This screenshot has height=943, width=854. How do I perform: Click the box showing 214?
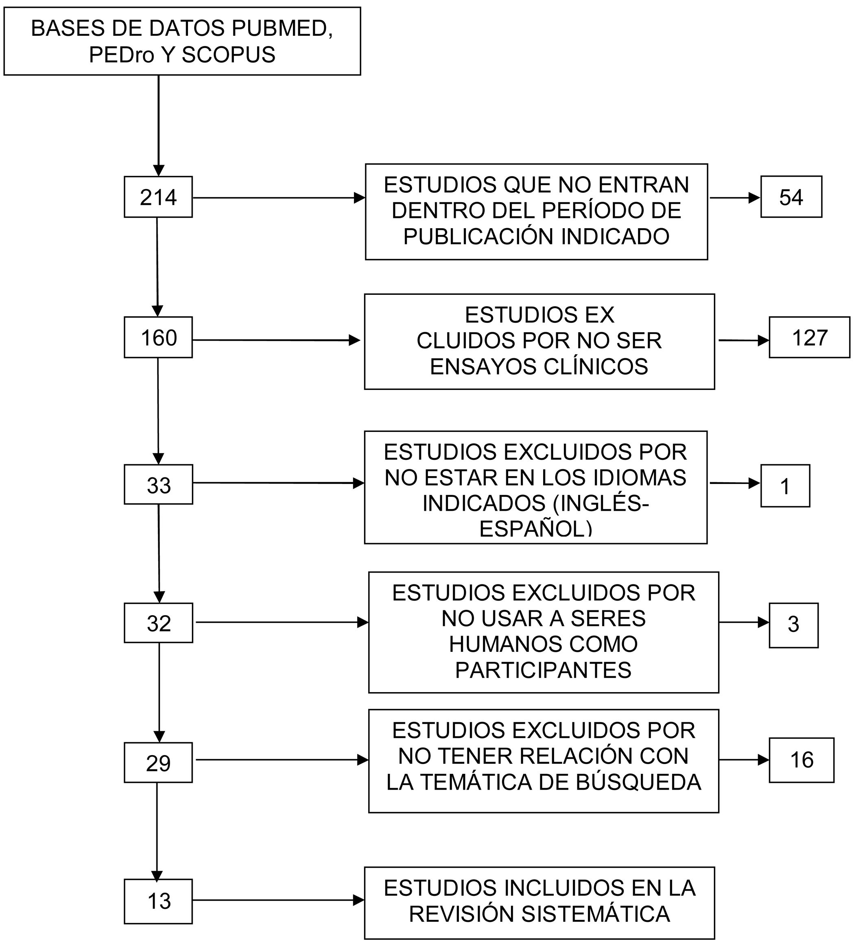point(158,197)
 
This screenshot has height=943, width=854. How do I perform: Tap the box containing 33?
point(158,485)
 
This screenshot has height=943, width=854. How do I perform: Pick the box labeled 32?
point(158,623)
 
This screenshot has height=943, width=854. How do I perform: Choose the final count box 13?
point(158,901)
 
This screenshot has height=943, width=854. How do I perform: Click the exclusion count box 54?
point(791,197)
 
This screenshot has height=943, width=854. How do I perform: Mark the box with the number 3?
point(793,625)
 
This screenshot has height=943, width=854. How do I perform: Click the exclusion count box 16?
point(801,760)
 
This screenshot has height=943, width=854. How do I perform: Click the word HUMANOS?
point(489,644)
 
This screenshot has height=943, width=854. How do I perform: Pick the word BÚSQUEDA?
point(638,782)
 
